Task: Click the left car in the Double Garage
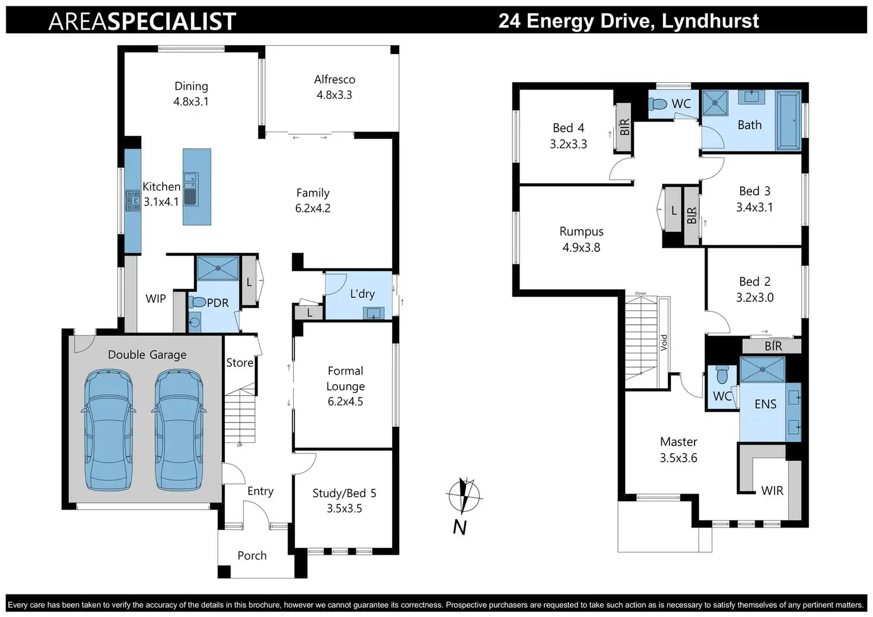109,429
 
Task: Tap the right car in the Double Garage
179,429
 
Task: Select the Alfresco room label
334,80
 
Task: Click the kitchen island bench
197,187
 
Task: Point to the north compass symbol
463,497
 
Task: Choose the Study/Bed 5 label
345,493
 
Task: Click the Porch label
252,555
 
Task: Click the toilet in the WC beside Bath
658,104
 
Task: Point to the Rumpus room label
581,232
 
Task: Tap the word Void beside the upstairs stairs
664,342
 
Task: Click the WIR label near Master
772,491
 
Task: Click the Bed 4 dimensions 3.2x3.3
568,144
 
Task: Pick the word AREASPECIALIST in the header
142,22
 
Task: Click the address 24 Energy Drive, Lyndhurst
628,21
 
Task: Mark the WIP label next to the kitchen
156,299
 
